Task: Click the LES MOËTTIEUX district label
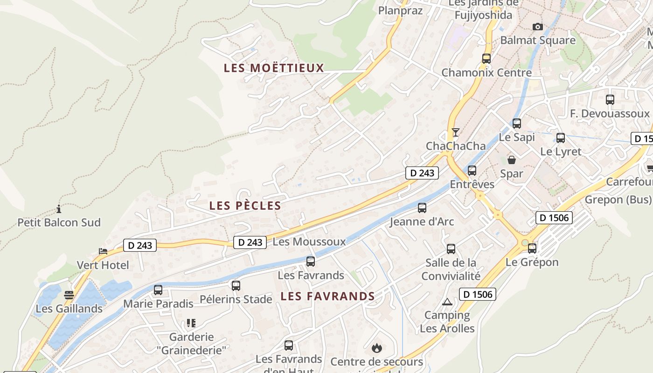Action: click(274, 68)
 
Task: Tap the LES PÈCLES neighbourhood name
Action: click(245, 206)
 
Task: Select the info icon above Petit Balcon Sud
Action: click(59, 208)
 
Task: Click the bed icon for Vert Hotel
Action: click(103, 251)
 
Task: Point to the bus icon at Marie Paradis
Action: click(158, 290)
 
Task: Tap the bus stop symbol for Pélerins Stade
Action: click(236, 285)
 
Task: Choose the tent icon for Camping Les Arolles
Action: click(447, 302)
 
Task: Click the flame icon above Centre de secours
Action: click(376, 347)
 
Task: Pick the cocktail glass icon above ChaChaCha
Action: click(456, 132)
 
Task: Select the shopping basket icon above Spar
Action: click(512, 160)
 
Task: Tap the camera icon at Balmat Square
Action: click(538, 27)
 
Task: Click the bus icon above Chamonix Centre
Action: click(486, 59)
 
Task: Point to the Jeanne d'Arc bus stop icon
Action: click(422, 208)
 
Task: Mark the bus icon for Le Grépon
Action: click(532, 249)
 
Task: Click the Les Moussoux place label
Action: click(309, 242)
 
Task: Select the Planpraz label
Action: click(400, 10)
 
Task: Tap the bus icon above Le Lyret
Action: click(561, 138)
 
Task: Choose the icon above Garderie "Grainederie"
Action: click(191, 323)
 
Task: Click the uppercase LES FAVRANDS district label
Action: click(328, 296)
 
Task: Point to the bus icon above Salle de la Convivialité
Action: click(451, 249)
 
